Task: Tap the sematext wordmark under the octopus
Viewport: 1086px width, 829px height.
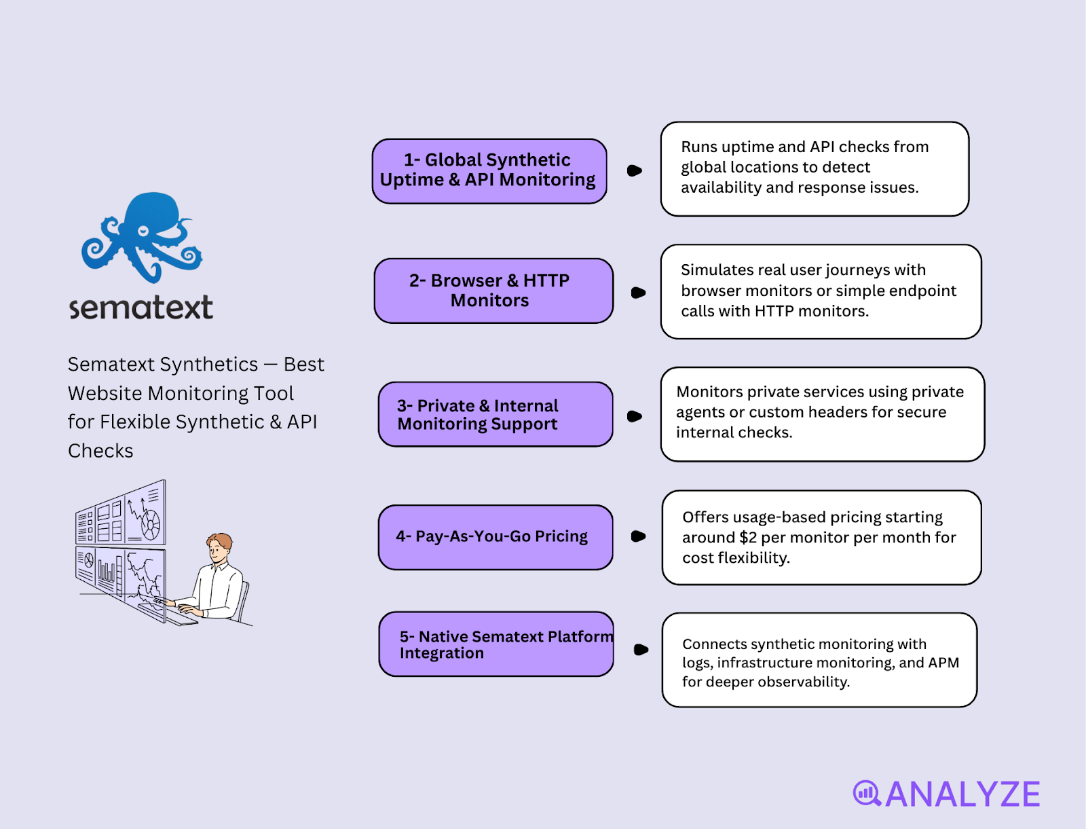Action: (141, 308)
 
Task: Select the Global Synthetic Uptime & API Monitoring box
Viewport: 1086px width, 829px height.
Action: (489, 170)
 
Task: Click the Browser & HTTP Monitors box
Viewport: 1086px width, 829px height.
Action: (493, 291)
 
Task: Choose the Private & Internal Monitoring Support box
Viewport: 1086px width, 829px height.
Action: (495, 414)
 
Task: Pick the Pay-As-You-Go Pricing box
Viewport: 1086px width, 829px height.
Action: (495, 537)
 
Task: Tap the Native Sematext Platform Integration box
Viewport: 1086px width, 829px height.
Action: (495, 644)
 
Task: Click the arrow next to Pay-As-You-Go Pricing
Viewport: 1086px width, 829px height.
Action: (638, 536)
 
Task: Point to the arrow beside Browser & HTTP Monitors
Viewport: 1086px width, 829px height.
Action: (638, 293)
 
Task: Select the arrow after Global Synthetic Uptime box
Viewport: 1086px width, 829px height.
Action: (635, 170)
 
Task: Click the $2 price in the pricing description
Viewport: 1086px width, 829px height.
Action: (747, 538)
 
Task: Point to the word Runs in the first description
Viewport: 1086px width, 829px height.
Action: (698, 147)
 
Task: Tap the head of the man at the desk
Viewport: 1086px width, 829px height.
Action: (219, 546)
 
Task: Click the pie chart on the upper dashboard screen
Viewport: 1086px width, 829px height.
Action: (151, 523)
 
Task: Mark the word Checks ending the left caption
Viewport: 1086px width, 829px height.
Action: (100, 451)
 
